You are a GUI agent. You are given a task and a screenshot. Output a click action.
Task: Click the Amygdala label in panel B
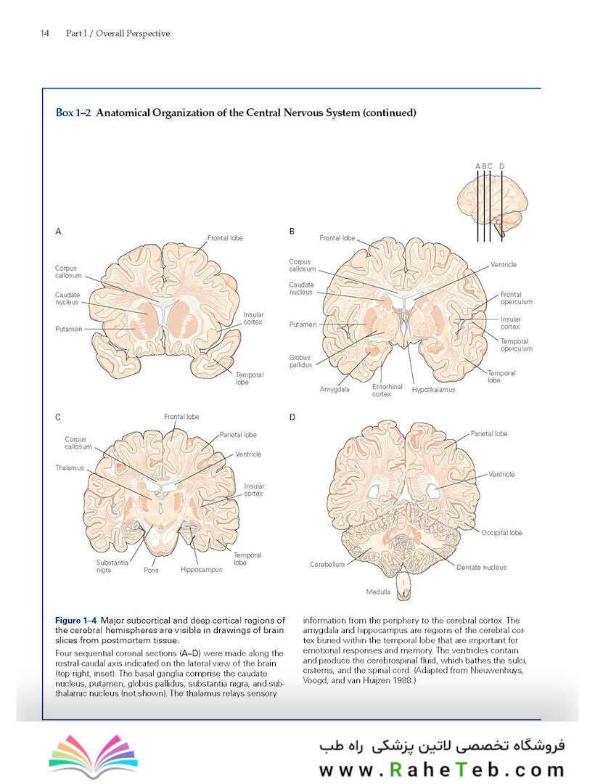(335, 390)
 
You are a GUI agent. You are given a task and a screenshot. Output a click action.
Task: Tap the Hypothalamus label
(433, 390)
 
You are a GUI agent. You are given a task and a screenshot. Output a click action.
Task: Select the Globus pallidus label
(300, 361)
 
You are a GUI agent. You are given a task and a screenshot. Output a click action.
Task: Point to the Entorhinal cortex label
(387, 391)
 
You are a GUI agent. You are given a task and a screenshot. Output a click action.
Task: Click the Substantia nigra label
(112, 566)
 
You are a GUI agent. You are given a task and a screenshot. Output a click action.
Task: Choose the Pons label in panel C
(151, 570)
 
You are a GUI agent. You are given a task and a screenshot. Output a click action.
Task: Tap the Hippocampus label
(201, 570)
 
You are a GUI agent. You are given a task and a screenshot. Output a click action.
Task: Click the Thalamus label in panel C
(70, 468)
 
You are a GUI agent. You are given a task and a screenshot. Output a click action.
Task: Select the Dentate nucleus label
(481, 568)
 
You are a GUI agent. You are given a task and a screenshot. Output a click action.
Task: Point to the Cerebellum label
(327, 565)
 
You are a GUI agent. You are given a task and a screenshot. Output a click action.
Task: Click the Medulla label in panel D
(378, 592)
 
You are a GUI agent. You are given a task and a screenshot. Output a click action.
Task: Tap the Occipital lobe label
(501, 533)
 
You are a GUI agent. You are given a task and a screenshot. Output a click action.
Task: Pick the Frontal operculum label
(516, 298)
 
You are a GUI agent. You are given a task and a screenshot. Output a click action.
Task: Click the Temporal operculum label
(516, 345)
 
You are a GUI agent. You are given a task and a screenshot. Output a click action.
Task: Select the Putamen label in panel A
(68, 329)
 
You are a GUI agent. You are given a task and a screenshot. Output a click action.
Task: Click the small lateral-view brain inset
(492, 205)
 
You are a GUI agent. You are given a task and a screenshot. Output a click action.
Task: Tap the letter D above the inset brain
(501, 166)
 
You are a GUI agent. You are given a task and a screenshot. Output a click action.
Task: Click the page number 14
(44, 33)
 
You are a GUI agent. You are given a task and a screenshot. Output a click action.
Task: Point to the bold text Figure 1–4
(76, 621)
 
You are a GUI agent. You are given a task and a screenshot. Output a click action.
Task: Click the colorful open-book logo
(94, 756)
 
